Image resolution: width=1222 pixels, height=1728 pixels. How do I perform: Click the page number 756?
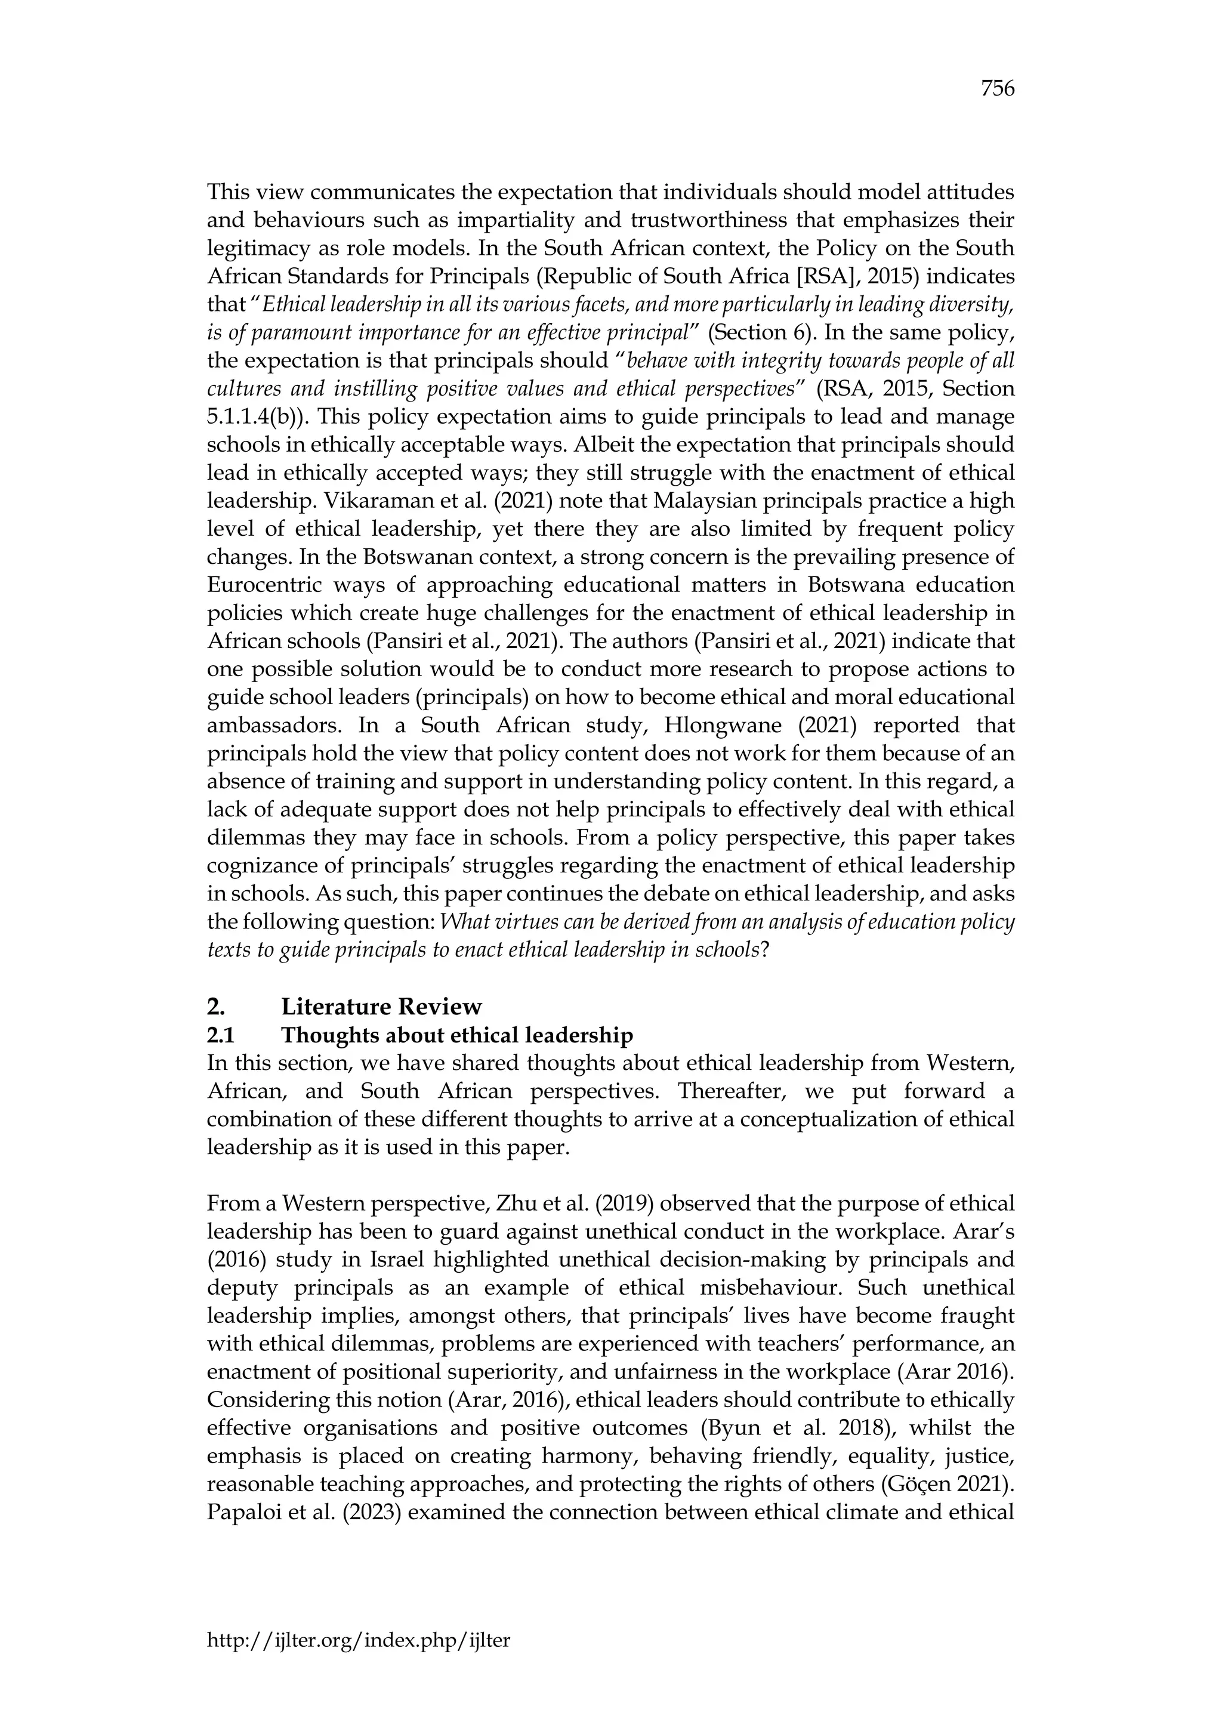tap(998, 89)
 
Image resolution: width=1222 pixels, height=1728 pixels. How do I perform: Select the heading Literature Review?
tap(381, 1007)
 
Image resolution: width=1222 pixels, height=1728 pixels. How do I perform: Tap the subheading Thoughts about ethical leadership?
tap(456, 1036)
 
